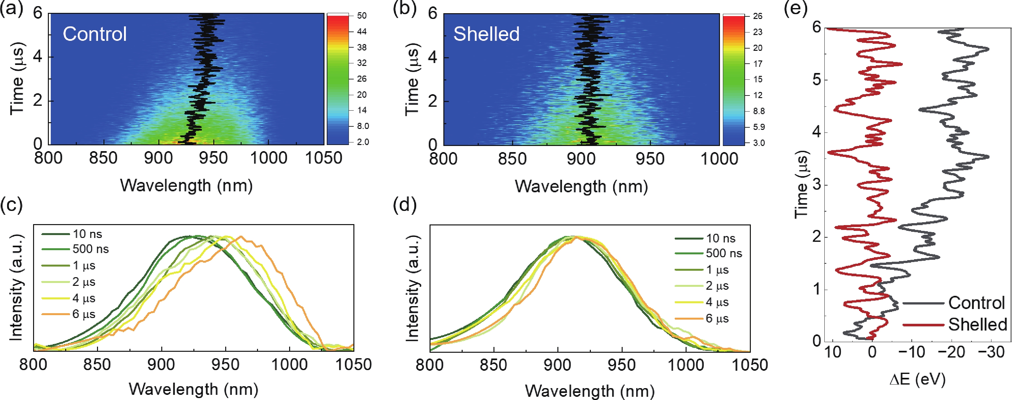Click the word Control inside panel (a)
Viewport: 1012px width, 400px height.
point(95,34)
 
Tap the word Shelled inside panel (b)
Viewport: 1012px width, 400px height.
point(486,34)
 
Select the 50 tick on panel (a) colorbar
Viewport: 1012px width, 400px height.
point(362,16)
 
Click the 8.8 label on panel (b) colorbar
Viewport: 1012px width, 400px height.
point(759,111)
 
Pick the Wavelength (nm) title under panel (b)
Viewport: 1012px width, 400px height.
point(581,186)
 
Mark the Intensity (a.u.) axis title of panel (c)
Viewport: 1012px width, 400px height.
point(16,287)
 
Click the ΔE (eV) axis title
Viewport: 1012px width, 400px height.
point(917,379)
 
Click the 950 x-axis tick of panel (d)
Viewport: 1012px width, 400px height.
point(622,365)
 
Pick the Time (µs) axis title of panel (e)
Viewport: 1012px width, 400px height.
point(802,185)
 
